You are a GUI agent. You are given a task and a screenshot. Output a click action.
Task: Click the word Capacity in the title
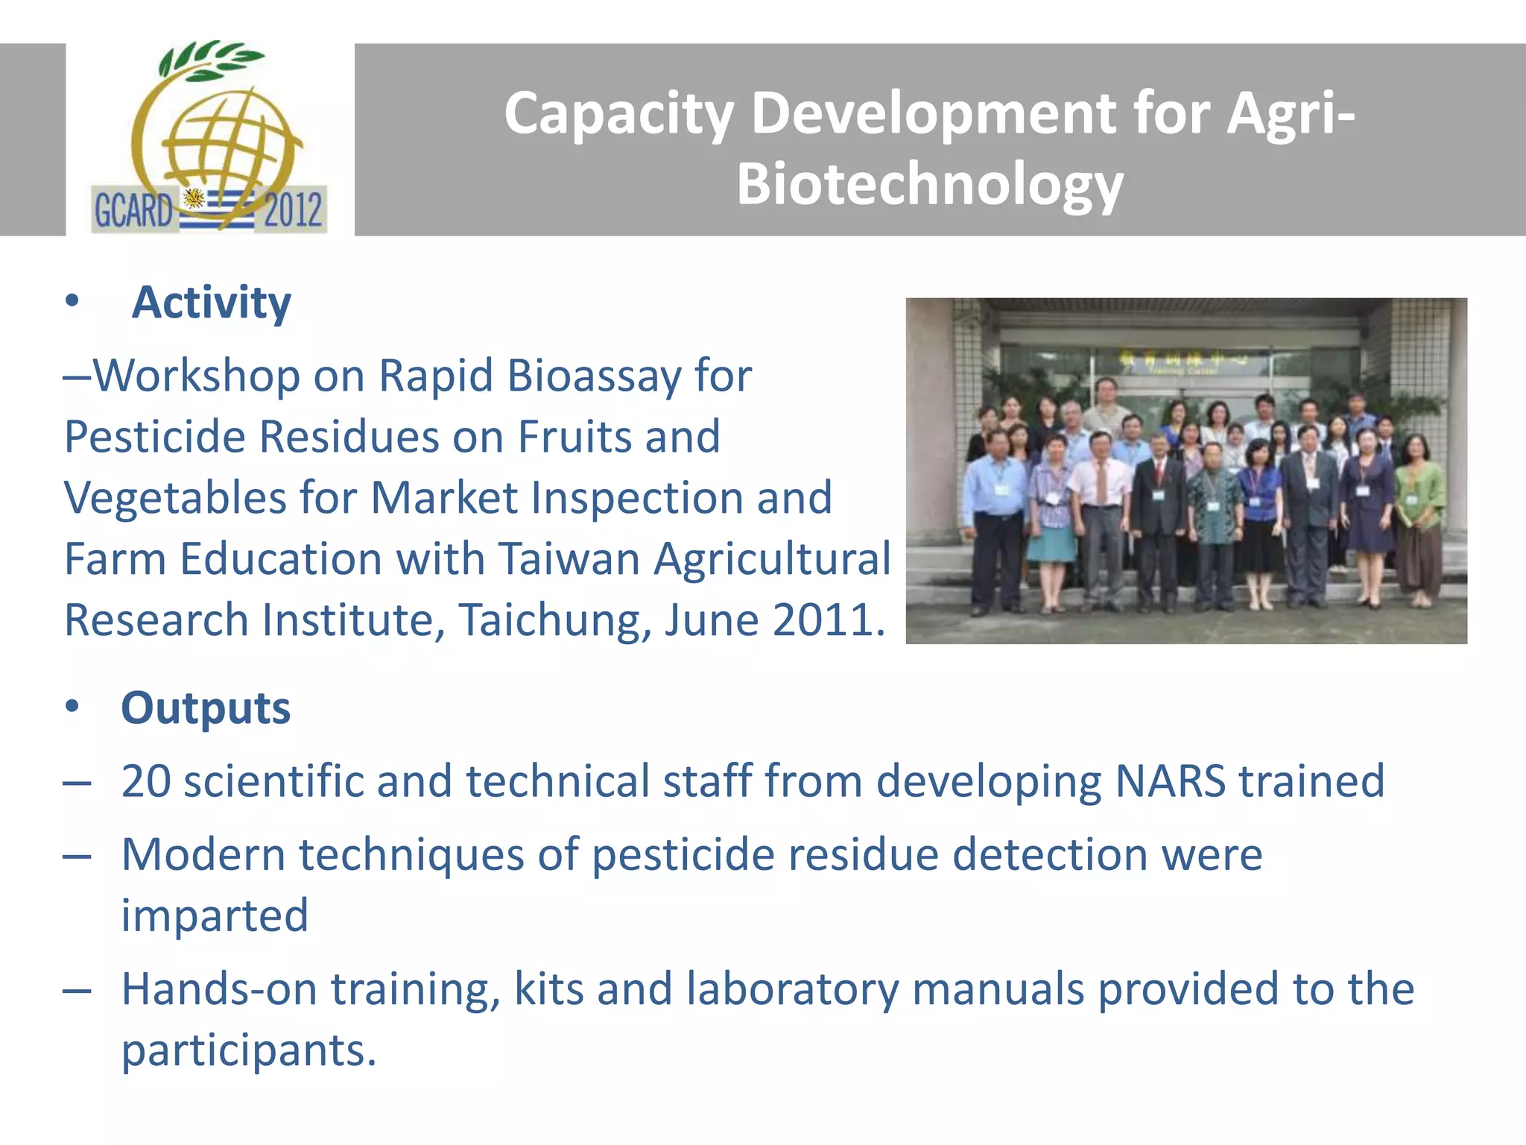(619, 114)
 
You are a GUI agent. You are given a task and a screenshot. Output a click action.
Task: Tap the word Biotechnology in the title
(929, 184)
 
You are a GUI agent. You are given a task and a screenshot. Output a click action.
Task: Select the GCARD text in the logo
(133, 210)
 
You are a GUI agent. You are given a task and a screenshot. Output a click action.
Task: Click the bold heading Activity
(211, 303)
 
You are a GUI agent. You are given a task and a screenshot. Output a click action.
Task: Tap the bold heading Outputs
(206, 708)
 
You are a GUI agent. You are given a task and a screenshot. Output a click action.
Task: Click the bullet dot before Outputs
(72, 706)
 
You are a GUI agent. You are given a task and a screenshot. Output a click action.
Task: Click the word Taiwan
(569, 558)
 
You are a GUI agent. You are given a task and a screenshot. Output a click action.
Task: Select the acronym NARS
(1170, 781)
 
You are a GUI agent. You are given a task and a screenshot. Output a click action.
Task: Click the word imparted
(215, 915)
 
